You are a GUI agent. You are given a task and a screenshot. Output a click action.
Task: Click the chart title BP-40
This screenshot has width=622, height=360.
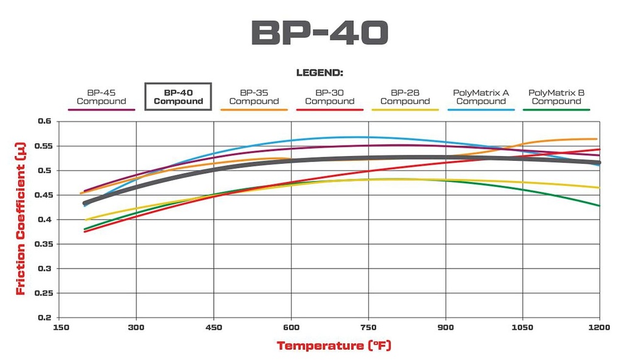pyautogui.click(x=319, y=34)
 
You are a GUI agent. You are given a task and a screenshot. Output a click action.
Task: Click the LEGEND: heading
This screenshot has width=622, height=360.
pyautogui.click(x=320, y=73)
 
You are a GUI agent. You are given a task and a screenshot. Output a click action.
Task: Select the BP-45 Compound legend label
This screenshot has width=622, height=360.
pyautogui.click(x=101, y=97)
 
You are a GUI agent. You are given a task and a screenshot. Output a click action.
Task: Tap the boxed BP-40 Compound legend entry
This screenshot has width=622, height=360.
pyautogui.click(x=178, y=97)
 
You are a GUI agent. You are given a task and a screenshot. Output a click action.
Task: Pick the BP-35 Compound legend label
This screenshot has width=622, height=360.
pyautogui.click(x=254, y=97)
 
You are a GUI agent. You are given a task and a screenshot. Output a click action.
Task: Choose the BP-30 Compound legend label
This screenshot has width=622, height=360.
pyautogui.click(x=329, y=97)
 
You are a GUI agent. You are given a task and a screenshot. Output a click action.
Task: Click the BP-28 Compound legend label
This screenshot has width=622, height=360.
pyautogui.click(x=405, y=97)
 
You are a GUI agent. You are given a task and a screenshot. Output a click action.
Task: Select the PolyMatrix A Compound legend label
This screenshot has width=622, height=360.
pyautogui.click(x=481, y=97)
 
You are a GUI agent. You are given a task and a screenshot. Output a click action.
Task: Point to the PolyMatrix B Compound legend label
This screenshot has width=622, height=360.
pyautogui.click(x=556, y=97)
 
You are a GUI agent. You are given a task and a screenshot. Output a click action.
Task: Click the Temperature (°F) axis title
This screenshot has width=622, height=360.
pyautogui.click(x=334, y=346)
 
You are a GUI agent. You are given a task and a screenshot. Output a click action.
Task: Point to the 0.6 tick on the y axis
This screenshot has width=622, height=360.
pyautogui.click(x=45, y=121)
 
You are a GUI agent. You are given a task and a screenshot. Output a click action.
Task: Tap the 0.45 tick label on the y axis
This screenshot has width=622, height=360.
pyautogui.click(x=43, y=195)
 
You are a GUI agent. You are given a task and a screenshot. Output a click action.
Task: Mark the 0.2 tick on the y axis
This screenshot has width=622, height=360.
pyautogui.click(x=45, y=318)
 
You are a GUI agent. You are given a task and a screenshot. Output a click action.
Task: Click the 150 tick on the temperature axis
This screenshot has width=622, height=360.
pyautogui.click(x=60, y=327)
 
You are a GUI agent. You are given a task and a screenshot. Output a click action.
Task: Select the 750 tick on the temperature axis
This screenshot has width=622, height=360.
pyautogui.click(x=369, y=327)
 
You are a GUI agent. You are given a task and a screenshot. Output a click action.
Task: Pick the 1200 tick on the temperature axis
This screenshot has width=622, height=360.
pyautogui.click(x=600, y=327)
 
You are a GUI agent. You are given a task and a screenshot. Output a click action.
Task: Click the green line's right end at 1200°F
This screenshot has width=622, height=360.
pyautogui.click(x=599, y=205)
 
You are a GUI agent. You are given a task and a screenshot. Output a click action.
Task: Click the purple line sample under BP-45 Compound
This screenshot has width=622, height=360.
pyautogui.click(x=101, y=109)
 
